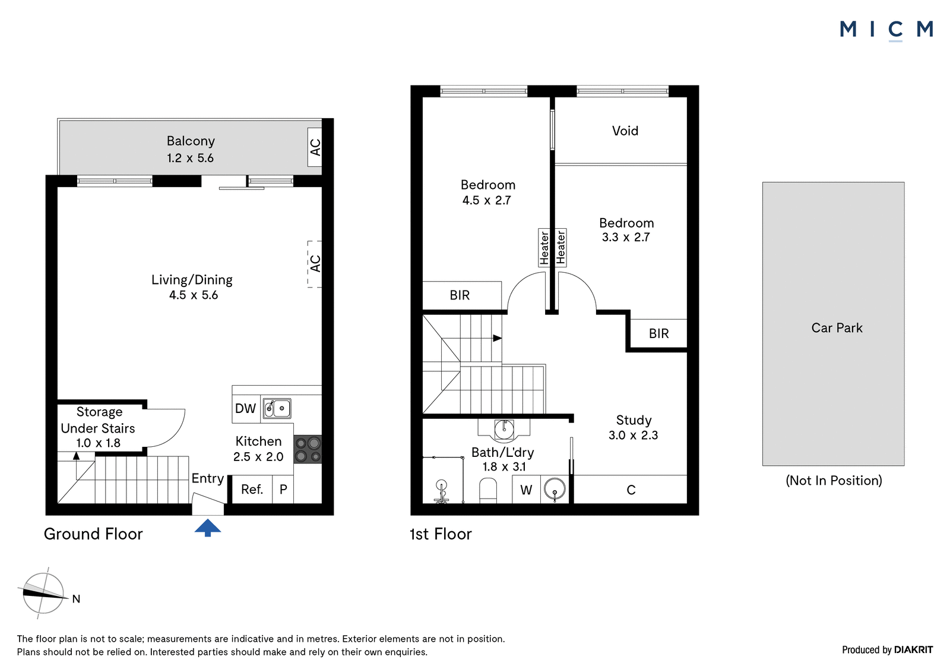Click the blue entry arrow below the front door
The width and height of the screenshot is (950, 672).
[207, 528]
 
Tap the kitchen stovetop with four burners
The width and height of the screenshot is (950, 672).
[308, 449]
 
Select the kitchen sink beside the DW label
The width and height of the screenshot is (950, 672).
[277, 408]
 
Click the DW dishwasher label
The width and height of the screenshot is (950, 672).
[245, 408]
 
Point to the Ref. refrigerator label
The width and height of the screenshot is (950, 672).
[252, 490]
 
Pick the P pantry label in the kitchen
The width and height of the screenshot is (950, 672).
[283, 490]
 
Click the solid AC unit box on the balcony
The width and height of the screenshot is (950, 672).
[315, 147]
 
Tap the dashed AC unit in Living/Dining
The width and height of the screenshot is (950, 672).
[315, 264]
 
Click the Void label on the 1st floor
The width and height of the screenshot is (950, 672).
[625, 131]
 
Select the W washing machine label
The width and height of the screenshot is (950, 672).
[526, 490]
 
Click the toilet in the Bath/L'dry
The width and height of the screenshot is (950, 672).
[487, 491]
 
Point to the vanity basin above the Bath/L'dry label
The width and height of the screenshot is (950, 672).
[504, 429]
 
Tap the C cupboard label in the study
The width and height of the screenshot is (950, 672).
[631, 490]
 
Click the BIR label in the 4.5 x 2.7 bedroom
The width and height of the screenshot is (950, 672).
[460, 295]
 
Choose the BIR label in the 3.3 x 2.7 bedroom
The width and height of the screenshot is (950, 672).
[658, 334]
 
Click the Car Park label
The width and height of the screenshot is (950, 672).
[837, 328]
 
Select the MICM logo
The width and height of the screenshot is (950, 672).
[886, 30]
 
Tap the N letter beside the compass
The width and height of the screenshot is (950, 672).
[77, 599]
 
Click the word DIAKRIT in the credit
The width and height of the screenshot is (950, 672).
[914, 650]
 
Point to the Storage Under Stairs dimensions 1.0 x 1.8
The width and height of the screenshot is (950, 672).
[98, 443]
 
